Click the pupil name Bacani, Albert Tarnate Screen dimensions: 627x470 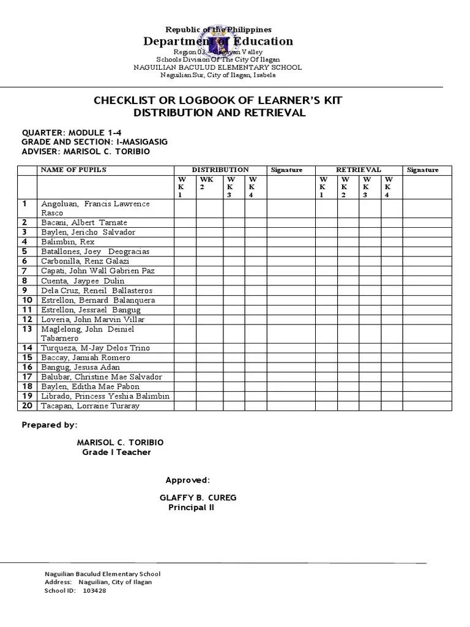pyautogui.click(x=84, y=222)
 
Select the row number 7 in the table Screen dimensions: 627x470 pyautogui.click(x=25, y=271)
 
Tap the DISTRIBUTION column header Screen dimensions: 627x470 pyautogui.click(x=220, y=170)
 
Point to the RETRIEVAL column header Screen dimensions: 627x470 pyautogui.click(x=359, y=170)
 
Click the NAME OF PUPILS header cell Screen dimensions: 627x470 pyautogui.click(x=73, y=170)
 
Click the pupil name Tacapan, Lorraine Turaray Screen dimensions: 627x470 pyautogui.click(x=90, y=406)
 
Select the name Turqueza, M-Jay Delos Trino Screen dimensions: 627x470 pyautogui.click(x=95, y=348)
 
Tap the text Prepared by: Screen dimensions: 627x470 pyautogui.click(x=50, y=425)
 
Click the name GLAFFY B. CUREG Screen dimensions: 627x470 pyautogui.click(x=198, y=498)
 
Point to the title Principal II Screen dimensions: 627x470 pyautogui.click(x=192, y=508)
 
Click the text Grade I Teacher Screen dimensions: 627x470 pyautogui.click(x=116, y=452)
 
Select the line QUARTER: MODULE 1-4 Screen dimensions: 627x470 pyautogui.click(x=76, y=132)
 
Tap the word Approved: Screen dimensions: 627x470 pyautogui.click(x=188, y=479)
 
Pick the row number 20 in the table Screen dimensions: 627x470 pyautogui.click(x=27, y=406)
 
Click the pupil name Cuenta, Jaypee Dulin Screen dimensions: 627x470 pyautogui.click(x=83, y=280)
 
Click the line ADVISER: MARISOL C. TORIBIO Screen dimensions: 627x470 pyautogui.click(x=85, y=151)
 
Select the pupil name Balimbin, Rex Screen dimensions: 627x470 pyautogui.click(x=69, y=242)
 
